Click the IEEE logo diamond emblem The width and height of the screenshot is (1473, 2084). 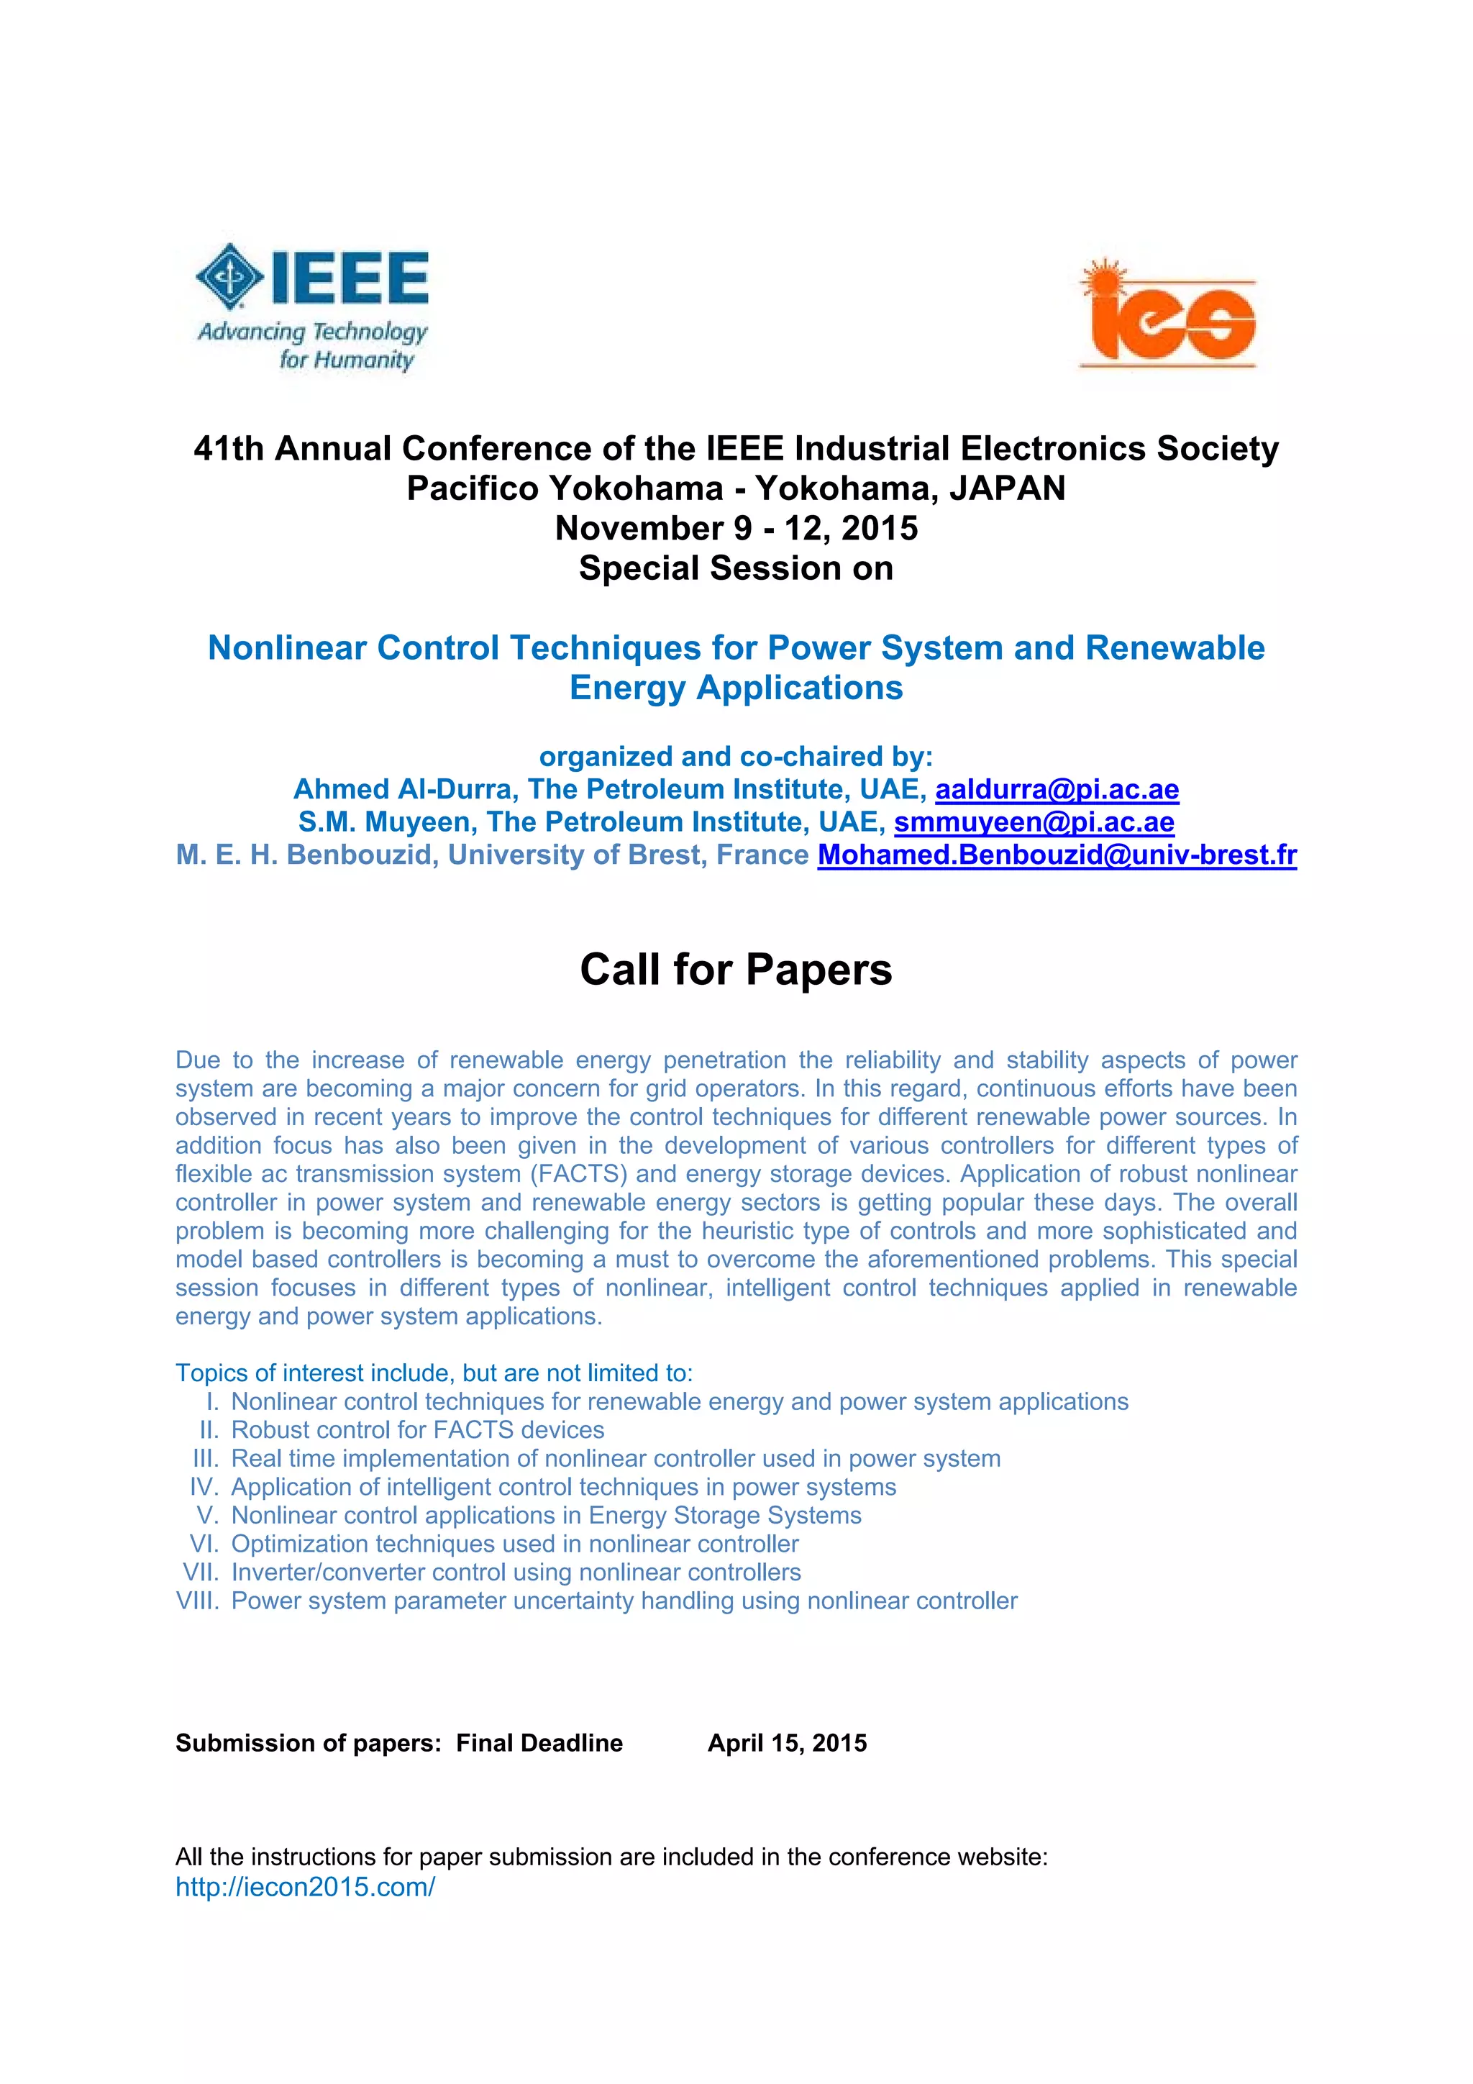point(229,277)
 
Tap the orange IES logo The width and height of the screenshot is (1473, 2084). point(1169,315)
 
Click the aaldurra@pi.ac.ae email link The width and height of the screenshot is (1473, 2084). point(1057,790)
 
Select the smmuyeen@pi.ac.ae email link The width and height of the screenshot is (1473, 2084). point(1034,822)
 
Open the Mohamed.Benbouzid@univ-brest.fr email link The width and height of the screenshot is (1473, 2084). point(1057,855)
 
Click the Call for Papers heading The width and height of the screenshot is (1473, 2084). point(736,970)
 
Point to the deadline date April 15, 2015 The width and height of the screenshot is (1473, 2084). point(787,1743)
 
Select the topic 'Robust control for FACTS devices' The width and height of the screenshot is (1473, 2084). point(417,1429)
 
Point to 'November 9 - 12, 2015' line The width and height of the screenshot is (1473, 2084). point(736,528)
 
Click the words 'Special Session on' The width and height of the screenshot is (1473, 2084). point(736,568)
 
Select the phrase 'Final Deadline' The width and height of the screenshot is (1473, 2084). point(539,1743)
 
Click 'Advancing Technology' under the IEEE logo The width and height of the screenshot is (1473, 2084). point(312,332)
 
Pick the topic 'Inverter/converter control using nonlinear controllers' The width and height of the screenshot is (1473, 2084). point(516,1572)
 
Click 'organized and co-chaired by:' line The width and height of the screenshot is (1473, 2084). point(736,757)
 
